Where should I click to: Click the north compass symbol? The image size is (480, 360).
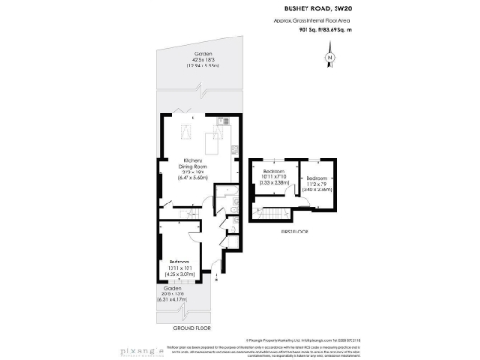tap(329, 58)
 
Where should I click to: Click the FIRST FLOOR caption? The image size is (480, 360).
tap(293, 230)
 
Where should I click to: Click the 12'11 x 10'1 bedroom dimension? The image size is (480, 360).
tap(180, 267)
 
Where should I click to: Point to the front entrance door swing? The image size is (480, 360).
tap(215, 271)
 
